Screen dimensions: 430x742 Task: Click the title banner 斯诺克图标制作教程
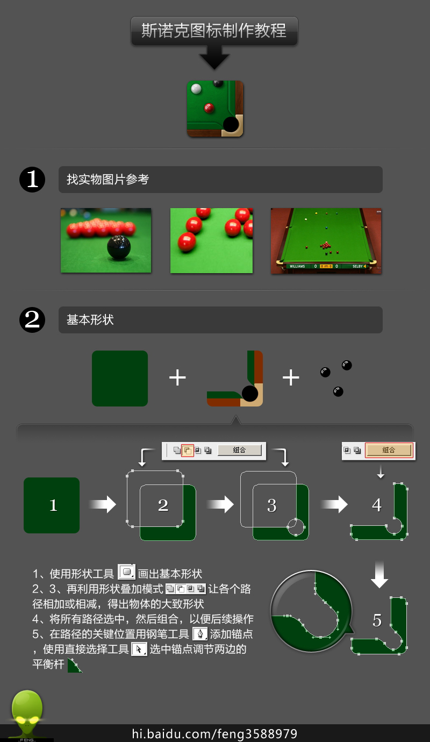[214, 31]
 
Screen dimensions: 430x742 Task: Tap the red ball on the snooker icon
[209, 108]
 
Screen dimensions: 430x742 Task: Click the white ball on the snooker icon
[196, 88]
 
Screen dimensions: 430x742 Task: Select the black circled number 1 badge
[32, 180]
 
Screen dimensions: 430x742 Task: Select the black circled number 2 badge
[32, 320]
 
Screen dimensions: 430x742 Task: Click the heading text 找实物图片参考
[108, 180]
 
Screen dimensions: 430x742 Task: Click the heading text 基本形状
[90, 320]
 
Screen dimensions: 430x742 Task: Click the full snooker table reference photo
[326, 241]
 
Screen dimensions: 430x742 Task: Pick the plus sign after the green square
[177, 377]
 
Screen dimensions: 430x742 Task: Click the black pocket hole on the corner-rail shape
[250, 394]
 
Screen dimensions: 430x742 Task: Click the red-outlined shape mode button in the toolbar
[188, 451]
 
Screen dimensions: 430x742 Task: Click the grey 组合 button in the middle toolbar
[239, 450]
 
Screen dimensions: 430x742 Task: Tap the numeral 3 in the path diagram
[272, 505]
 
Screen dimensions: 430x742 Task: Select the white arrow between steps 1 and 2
[102, 504]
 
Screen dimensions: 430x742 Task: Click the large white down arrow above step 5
[379, 574]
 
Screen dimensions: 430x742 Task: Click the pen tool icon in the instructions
[200, 634]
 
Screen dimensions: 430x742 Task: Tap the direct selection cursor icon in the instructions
[139, 649]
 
